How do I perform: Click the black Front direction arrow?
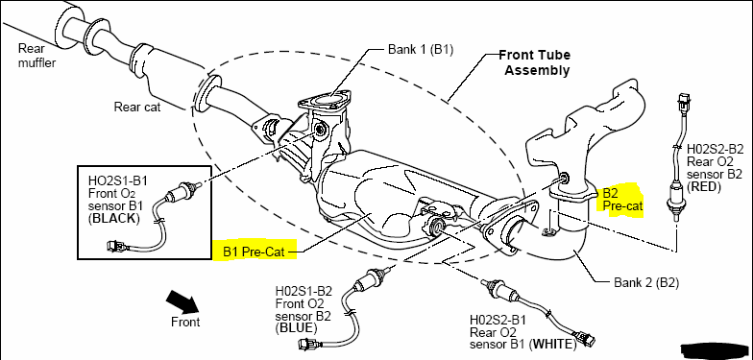pyautogui.click(x=182, y=301)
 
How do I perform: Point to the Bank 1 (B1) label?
pyautogui.click(x=421, y=49)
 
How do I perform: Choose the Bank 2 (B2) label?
pyautogui.click(x=646, y=282)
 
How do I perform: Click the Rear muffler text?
pyautogui.click(x=36, y=55)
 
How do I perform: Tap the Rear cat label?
pyautogui.click(x=137, y=107)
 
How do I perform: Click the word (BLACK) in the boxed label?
pyautogui.click(x=114, y=219)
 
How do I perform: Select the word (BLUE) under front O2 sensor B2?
pyautogui.click(x=296, y=328)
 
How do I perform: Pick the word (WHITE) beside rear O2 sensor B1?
pyautogui.click(x=553, y=344)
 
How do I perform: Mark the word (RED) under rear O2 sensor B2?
pyautogui.click(x=704, y=186)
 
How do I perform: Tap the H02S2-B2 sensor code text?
pyautogui.click(x=715, y=149)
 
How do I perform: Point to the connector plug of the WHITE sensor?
pyautogui.click(x=587, y=339)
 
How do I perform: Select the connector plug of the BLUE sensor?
pyautogui.click(x=307, y=344)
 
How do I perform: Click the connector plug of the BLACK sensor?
pyautogui.click(x=117, y=246)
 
